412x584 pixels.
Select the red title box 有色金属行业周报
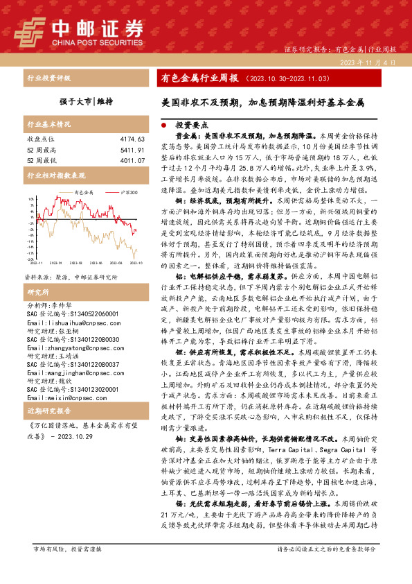click(x=199, y=78)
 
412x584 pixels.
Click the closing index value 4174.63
click(x=132, y=139)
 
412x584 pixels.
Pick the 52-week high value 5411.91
click(x=132, y=150)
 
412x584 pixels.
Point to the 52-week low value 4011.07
click(x=132, y=160)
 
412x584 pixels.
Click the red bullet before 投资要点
click(x=163, y=127)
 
